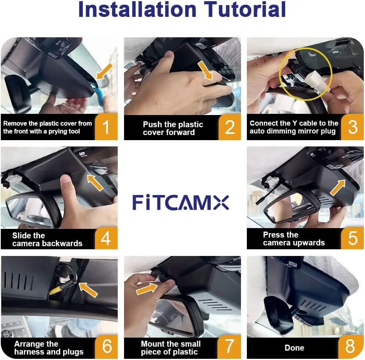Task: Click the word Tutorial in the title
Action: tap(245, 9)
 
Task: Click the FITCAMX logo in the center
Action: tap(181, 202)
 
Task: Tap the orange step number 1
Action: tap(106, 127)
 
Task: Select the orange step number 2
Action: tap(230, 127)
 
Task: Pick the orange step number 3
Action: tap(353, 127)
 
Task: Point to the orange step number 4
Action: tap(106, 238)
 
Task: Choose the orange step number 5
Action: tap(353, 238)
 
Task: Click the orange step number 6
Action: tap(107, 347)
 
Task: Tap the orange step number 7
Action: tap(229, 347)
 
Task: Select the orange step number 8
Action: tap(350, 347)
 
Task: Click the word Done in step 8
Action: tap(294, 348)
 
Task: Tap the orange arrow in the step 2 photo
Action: tap(205, 70)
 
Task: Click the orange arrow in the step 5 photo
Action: tap(338, 187)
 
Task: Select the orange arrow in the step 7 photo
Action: tap(147, 289)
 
